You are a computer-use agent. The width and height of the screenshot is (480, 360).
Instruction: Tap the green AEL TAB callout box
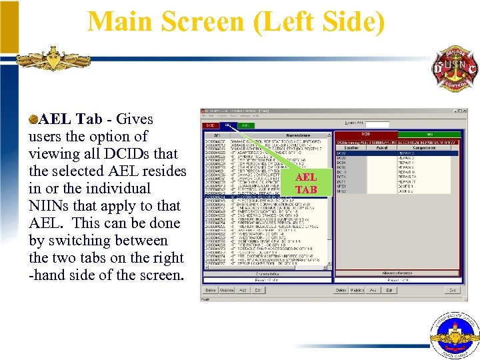(305, 183)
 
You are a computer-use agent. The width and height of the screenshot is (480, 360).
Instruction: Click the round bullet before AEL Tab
(33, 119)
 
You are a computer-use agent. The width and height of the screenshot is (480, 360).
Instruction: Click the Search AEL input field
(377, 124)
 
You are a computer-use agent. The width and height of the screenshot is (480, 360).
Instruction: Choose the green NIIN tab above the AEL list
(245, 125)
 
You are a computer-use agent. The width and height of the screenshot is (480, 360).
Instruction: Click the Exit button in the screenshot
(452, 290)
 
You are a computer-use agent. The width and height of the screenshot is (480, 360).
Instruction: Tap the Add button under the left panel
(242, 290)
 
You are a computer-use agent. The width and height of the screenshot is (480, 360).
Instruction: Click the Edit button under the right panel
(389, 290)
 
